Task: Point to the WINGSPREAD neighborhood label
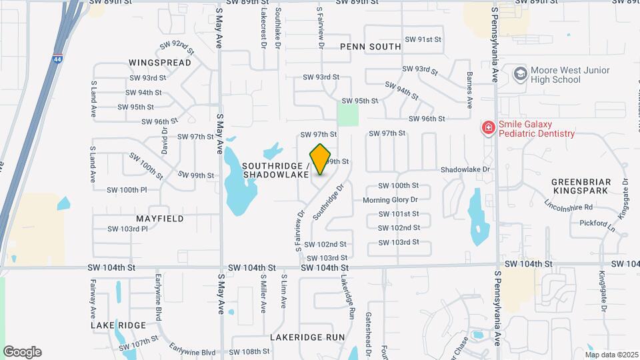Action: coord(160,63)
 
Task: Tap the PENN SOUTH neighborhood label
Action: coord(371,47)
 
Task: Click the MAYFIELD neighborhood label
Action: coord(160,218)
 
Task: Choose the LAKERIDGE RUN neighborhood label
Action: coord(307,337)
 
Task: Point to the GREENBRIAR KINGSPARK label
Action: coord(581,186)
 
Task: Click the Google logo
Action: coord(22,352)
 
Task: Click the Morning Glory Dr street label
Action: coord(390,200)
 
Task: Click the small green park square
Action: coord(347,113)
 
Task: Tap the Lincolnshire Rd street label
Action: coord(568,207)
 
